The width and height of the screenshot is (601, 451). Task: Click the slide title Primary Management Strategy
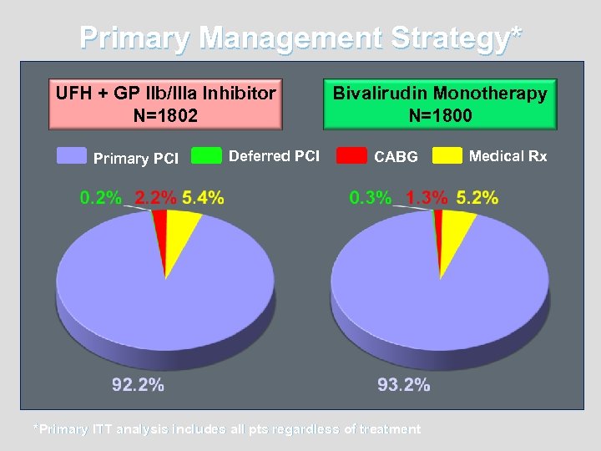point(300,38)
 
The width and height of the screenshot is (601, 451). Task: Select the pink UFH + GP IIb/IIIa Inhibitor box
point(165,104)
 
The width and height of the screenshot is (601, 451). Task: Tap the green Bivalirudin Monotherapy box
point(440,104)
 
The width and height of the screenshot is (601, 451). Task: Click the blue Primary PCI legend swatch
point(72,155)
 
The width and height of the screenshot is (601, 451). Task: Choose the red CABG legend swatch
point(351,155)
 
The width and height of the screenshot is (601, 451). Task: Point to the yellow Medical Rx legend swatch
point(447,155)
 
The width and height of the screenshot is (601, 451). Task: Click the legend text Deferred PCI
point(274,155)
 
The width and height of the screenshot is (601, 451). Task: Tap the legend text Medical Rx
point(508,155)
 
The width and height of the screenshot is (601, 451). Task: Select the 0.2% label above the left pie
point(101,198)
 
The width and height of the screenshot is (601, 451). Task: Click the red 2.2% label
point(156,198)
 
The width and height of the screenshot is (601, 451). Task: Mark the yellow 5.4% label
point(203,198)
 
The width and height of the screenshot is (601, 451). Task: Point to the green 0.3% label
point(371,198)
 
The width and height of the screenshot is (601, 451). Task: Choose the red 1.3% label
point(427,198)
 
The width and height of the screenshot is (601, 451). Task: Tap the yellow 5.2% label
point(477,198)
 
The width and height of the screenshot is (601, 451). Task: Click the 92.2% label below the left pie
point(139,385)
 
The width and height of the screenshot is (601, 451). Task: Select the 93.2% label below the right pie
point(404,385)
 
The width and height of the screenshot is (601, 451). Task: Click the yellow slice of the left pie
point(181,234)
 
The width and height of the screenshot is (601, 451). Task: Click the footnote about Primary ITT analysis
point(226,429)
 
